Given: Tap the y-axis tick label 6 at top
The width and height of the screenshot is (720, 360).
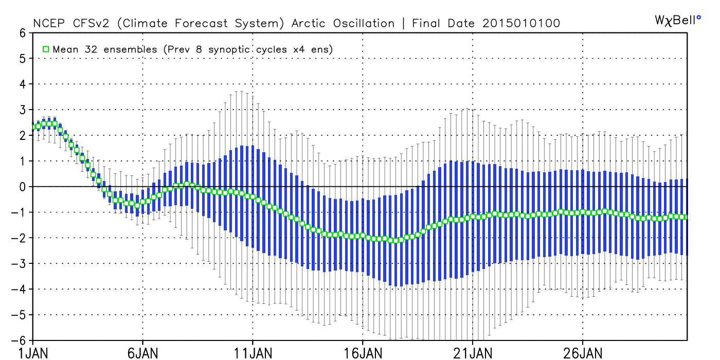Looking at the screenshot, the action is tap(22, 33).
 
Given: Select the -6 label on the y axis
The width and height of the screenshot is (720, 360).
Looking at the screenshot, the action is tap(19, 340).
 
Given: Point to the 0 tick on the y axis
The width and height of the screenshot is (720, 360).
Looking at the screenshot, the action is tap(22, 187).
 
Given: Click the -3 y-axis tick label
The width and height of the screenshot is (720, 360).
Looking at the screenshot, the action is tap(19, 263).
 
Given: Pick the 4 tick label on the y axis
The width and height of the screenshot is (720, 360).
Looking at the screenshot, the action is tap(22, 84).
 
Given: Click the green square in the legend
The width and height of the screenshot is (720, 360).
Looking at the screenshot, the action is tap(46, 49).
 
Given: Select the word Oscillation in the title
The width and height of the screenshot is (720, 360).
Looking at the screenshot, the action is tap(364, 24).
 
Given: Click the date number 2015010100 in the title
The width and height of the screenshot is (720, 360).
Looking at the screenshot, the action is tap(521, 24).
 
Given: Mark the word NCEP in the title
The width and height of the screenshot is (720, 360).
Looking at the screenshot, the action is tap(49, 24).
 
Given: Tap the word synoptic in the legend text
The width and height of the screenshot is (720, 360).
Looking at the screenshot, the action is tap(229, 50).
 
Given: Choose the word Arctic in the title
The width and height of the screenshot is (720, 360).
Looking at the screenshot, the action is tap(308, 24).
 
